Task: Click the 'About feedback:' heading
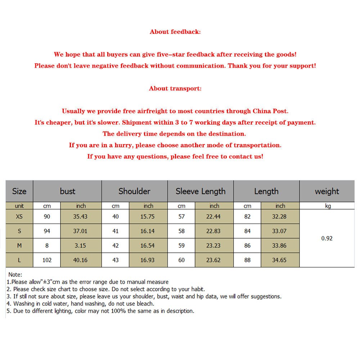175,32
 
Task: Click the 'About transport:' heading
175,88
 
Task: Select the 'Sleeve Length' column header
201,191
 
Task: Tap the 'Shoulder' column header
134,191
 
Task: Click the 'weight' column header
327,191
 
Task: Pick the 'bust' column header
68,191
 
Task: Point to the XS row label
19,217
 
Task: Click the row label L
19,260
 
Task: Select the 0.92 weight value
327,238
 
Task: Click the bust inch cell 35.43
80,217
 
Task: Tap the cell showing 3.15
80,246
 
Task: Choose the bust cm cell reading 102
47,260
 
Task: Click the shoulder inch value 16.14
148,231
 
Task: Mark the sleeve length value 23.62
214,260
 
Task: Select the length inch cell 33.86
279,246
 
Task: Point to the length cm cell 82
247,217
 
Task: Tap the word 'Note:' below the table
15,275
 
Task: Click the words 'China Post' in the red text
270,111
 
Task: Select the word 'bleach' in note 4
145,303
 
